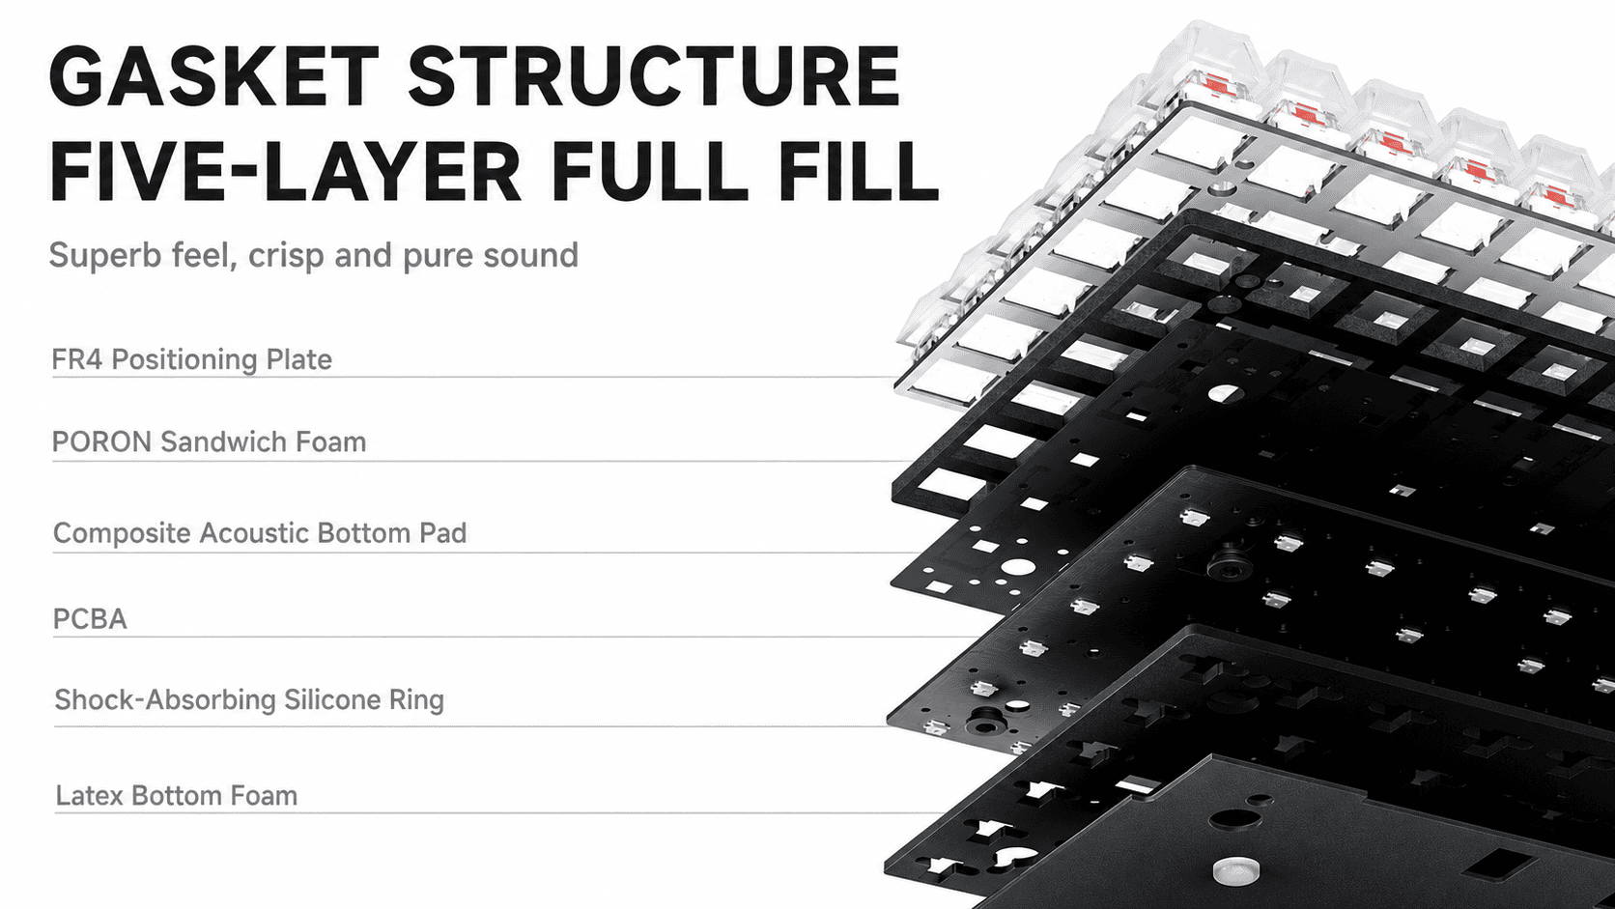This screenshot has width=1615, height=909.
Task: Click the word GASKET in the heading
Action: (x=214, y=75)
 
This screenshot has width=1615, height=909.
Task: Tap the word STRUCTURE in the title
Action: (x=655, y=75)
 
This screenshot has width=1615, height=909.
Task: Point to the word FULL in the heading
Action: (x=649, y=172)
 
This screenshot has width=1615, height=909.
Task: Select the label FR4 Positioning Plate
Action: (x=192, y=359)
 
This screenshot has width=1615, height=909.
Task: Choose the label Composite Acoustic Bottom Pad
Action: (x=260, y=533)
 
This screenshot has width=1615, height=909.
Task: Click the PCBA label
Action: (x=90, y=619)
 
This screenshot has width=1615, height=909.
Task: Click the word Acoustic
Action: (x=254, y=533)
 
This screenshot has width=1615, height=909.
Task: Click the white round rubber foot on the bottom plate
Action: (x=1235, y=870)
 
